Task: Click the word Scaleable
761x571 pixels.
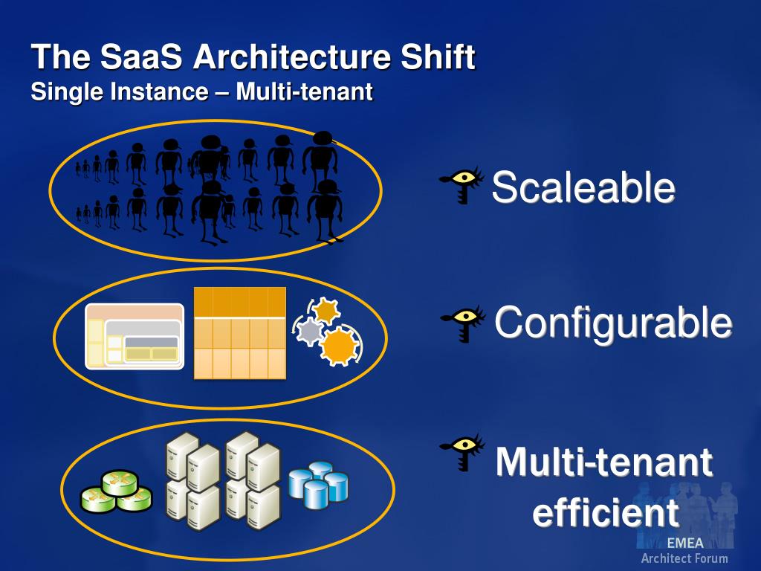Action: click(x=583, y=187)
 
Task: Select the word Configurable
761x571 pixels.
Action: click(x=613, y=323)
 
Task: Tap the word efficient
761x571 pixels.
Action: click(x=606, y=513)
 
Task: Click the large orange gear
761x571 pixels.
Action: click(x=339, y=345)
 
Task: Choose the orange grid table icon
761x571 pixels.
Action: click(x=239, y=333)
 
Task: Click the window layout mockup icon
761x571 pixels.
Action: click(x=135, y=336)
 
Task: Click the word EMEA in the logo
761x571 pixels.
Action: click(x=684, y=543)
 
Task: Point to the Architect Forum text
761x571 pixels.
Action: click(x=684, y=558)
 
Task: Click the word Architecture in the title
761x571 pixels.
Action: click(x=282, y=57)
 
